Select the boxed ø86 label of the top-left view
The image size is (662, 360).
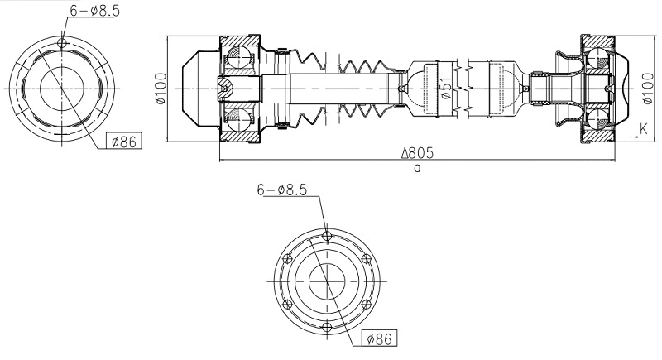pyautogui.click(x=123, y=142)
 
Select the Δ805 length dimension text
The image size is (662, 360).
pyautogui.click(x=418, y=154)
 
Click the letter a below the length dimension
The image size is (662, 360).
pyautogui.click(x=417, y=168)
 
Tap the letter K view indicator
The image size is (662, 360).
pyautogui.click(x=643, y=128)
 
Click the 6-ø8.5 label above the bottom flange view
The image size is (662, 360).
pyautogui.click(x=281, y=190)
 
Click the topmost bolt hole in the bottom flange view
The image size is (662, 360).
pyautogui.click(x=328, y=238)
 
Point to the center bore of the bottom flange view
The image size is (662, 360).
pyautogui.click(x=328, y=282)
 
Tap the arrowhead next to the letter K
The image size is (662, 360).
pyautogui.click(x=631, y=139)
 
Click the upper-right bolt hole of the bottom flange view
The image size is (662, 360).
pyautogui.click(x=367, y=260)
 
